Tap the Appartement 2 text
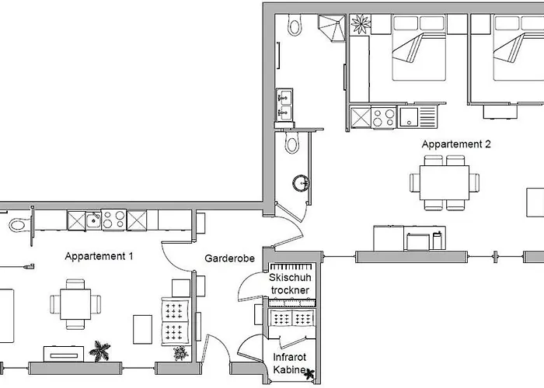coord(456,144)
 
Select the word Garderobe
coord(230,258)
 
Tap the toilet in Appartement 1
coord(17,224)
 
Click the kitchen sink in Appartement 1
coord(92,220)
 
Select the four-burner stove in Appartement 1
coord(113,220)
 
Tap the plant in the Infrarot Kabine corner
coord(311,376)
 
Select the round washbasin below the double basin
coord(302,183)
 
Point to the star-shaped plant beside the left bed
coord(361,23)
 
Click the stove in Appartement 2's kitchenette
coord(383,118)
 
